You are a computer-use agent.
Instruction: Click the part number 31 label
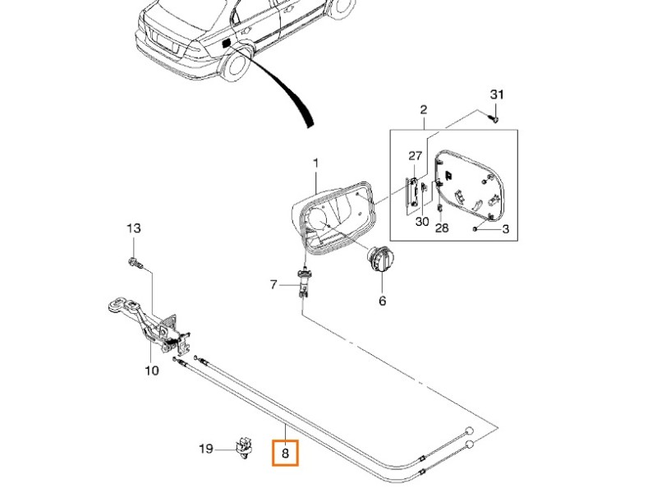495,94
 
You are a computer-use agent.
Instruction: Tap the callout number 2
424,110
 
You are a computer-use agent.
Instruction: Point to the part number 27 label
415,156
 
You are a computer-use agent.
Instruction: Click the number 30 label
422,221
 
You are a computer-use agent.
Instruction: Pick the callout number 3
505,229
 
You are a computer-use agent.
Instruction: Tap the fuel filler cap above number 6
380,262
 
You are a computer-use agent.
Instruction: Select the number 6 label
382,301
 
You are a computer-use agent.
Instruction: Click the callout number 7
273,285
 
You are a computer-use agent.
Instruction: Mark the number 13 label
134,228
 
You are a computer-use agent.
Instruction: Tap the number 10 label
152,371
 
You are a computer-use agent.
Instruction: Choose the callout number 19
206,449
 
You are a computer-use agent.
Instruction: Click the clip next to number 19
244,446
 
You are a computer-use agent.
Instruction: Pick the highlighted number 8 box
286,452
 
